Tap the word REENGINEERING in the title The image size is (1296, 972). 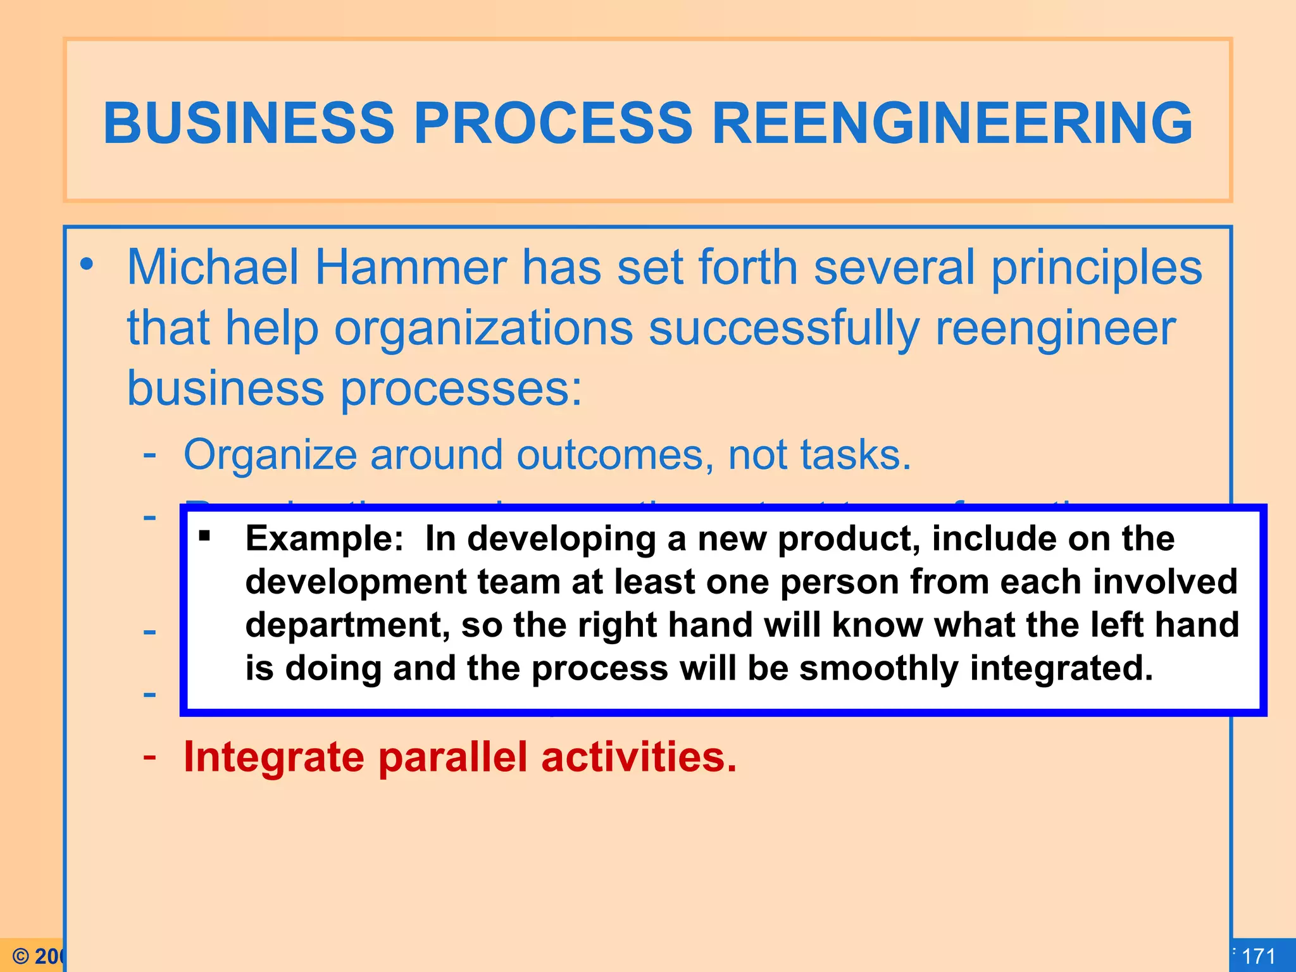[x=952, y=123]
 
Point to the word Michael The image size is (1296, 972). [x=213, y=268]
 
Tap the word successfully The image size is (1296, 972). [x=784, y=329]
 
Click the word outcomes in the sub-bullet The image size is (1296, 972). [x=610, y=455]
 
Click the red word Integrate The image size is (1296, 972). [x=273, y=757]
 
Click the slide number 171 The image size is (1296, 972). [x=1258, y=956]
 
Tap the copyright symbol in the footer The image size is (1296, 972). [x=21, y=956]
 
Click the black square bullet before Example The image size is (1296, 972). [x=204, y=537]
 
